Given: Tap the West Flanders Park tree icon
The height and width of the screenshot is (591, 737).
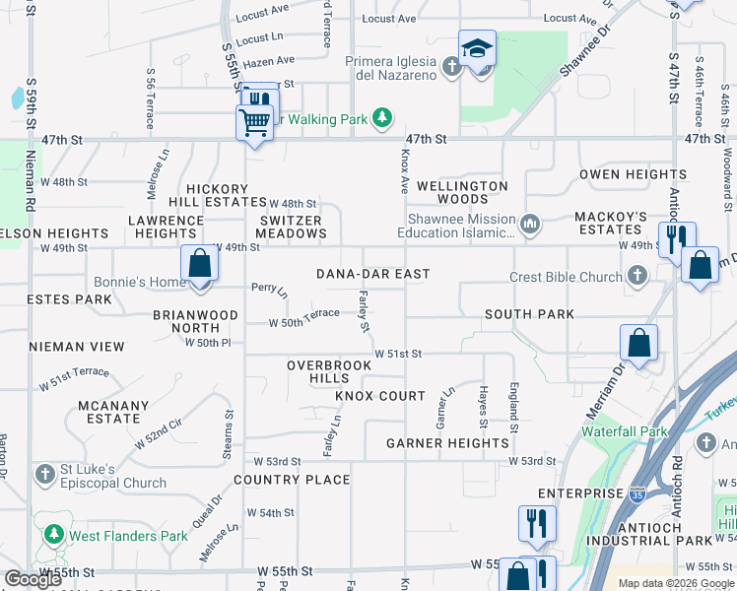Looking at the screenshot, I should pyautogui.click(x=53, y=537).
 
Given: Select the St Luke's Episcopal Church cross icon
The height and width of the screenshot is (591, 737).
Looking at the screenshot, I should pyautogui.click(x=44, y=475).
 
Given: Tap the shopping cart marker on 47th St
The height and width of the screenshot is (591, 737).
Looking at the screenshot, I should pyautogui.click(x=254, y=123).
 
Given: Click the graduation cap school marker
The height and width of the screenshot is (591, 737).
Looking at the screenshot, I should pyautogui.click(x=477, y=48).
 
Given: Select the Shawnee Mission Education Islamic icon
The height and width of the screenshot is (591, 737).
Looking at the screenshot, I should pyautogui.click(x=531, y=226).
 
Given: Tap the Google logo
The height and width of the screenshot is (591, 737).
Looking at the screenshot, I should pyautogui.click(x=33, y=579).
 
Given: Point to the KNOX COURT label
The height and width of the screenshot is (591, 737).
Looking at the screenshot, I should pyautogui.click(x=380, y=396).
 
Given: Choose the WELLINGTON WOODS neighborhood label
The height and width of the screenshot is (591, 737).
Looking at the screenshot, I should pyautogui.click(x=462, y=192).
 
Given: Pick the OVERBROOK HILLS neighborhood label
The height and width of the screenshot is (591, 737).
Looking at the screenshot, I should pyautogui.click(x=329, y=371).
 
